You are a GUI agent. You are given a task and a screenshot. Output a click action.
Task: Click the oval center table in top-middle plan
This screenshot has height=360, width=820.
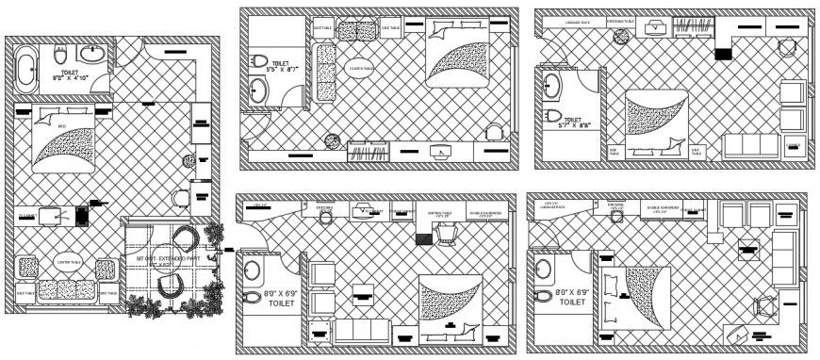coord(359,69)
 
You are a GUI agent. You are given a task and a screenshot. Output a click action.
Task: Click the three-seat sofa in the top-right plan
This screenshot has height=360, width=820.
coord(751,145)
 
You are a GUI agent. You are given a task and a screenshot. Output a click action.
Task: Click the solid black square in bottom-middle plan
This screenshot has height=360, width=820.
coord(422,239)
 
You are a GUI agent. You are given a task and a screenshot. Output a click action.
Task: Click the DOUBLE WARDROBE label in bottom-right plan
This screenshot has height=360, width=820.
coord(665,208)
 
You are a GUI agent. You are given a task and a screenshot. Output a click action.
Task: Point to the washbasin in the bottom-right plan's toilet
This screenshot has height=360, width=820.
coord(542,269)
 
